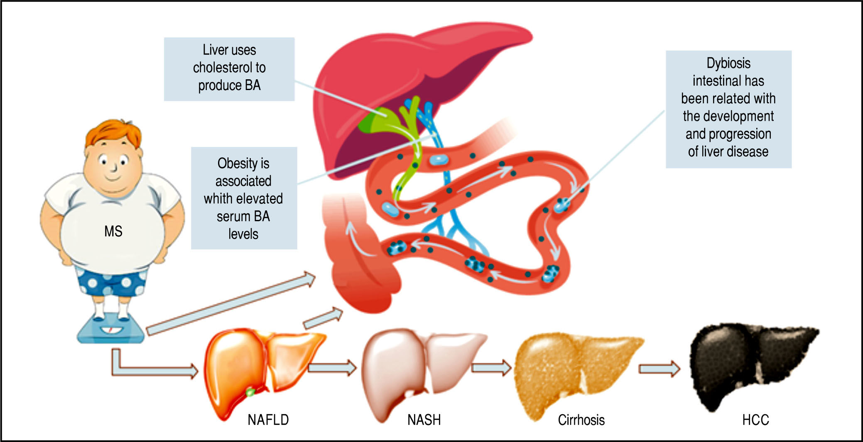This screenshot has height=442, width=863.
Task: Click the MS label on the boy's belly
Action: (113, 231)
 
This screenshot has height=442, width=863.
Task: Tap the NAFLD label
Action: (268, 420)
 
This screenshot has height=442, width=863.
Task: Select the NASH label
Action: (424, 420)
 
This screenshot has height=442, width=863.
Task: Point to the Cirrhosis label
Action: (581, 420)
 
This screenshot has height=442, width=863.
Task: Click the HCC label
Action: (755, 420)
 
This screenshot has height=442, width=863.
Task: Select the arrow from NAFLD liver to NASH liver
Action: (332, 368)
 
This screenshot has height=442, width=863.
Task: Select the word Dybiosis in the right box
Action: (728, 63)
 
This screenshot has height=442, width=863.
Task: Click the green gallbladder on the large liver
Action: (374, 120)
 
